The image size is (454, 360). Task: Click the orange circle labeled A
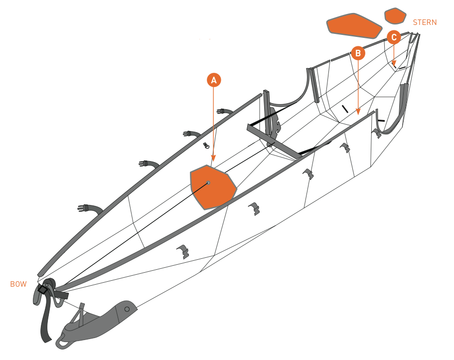point(214,80)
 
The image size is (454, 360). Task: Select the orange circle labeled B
point(358,53)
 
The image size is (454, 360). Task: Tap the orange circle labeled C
point(394,37)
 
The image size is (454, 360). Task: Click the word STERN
point(425,22)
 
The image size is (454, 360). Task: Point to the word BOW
point(18,284)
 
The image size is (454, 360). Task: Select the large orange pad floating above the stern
point(354,25)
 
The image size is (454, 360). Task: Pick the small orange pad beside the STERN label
point(395,16)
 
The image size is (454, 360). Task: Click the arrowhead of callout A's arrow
point(213,158)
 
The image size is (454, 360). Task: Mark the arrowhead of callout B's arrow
point(358,112)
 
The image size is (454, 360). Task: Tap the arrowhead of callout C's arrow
point(394,63)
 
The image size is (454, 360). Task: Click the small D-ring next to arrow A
point(206,145)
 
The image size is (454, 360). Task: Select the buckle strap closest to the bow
point(90,209)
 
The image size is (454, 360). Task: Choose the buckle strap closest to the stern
point(225,111)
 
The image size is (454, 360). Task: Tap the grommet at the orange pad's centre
point(208,183)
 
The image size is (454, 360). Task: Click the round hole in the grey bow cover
point(127,309)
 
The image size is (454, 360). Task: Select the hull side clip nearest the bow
point(183,251)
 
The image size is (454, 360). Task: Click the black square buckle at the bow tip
point(43,289)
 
